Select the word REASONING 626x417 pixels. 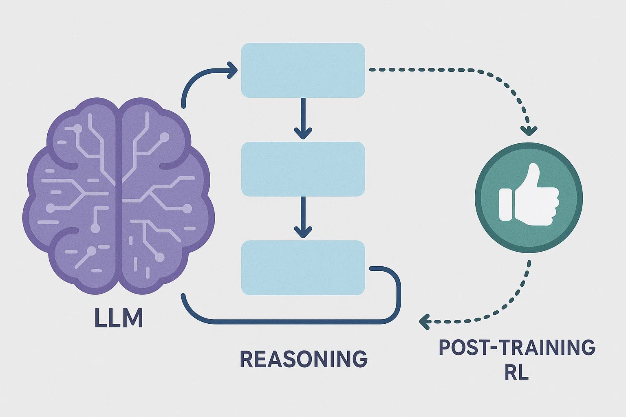click(304, 359)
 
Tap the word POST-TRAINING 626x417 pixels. click(517, 348)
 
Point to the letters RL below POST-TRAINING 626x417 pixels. click(517, 372)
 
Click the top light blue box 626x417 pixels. click(303, 70)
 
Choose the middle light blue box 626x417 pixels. click(303, 169)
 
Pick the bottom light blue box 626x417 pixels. click(303, 268)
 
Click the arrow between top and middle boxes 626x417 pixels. click(303, 118)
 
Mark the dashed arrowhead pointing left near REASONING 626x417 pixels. click(425, 321)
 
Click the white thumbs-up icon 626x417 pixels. click(530, 195)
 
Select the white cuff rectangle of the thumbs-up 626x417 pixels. click(505, 204)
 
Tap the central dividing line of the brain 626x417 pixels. click(119, 195)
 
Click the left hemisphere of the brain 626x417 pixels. click(73, 195)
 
